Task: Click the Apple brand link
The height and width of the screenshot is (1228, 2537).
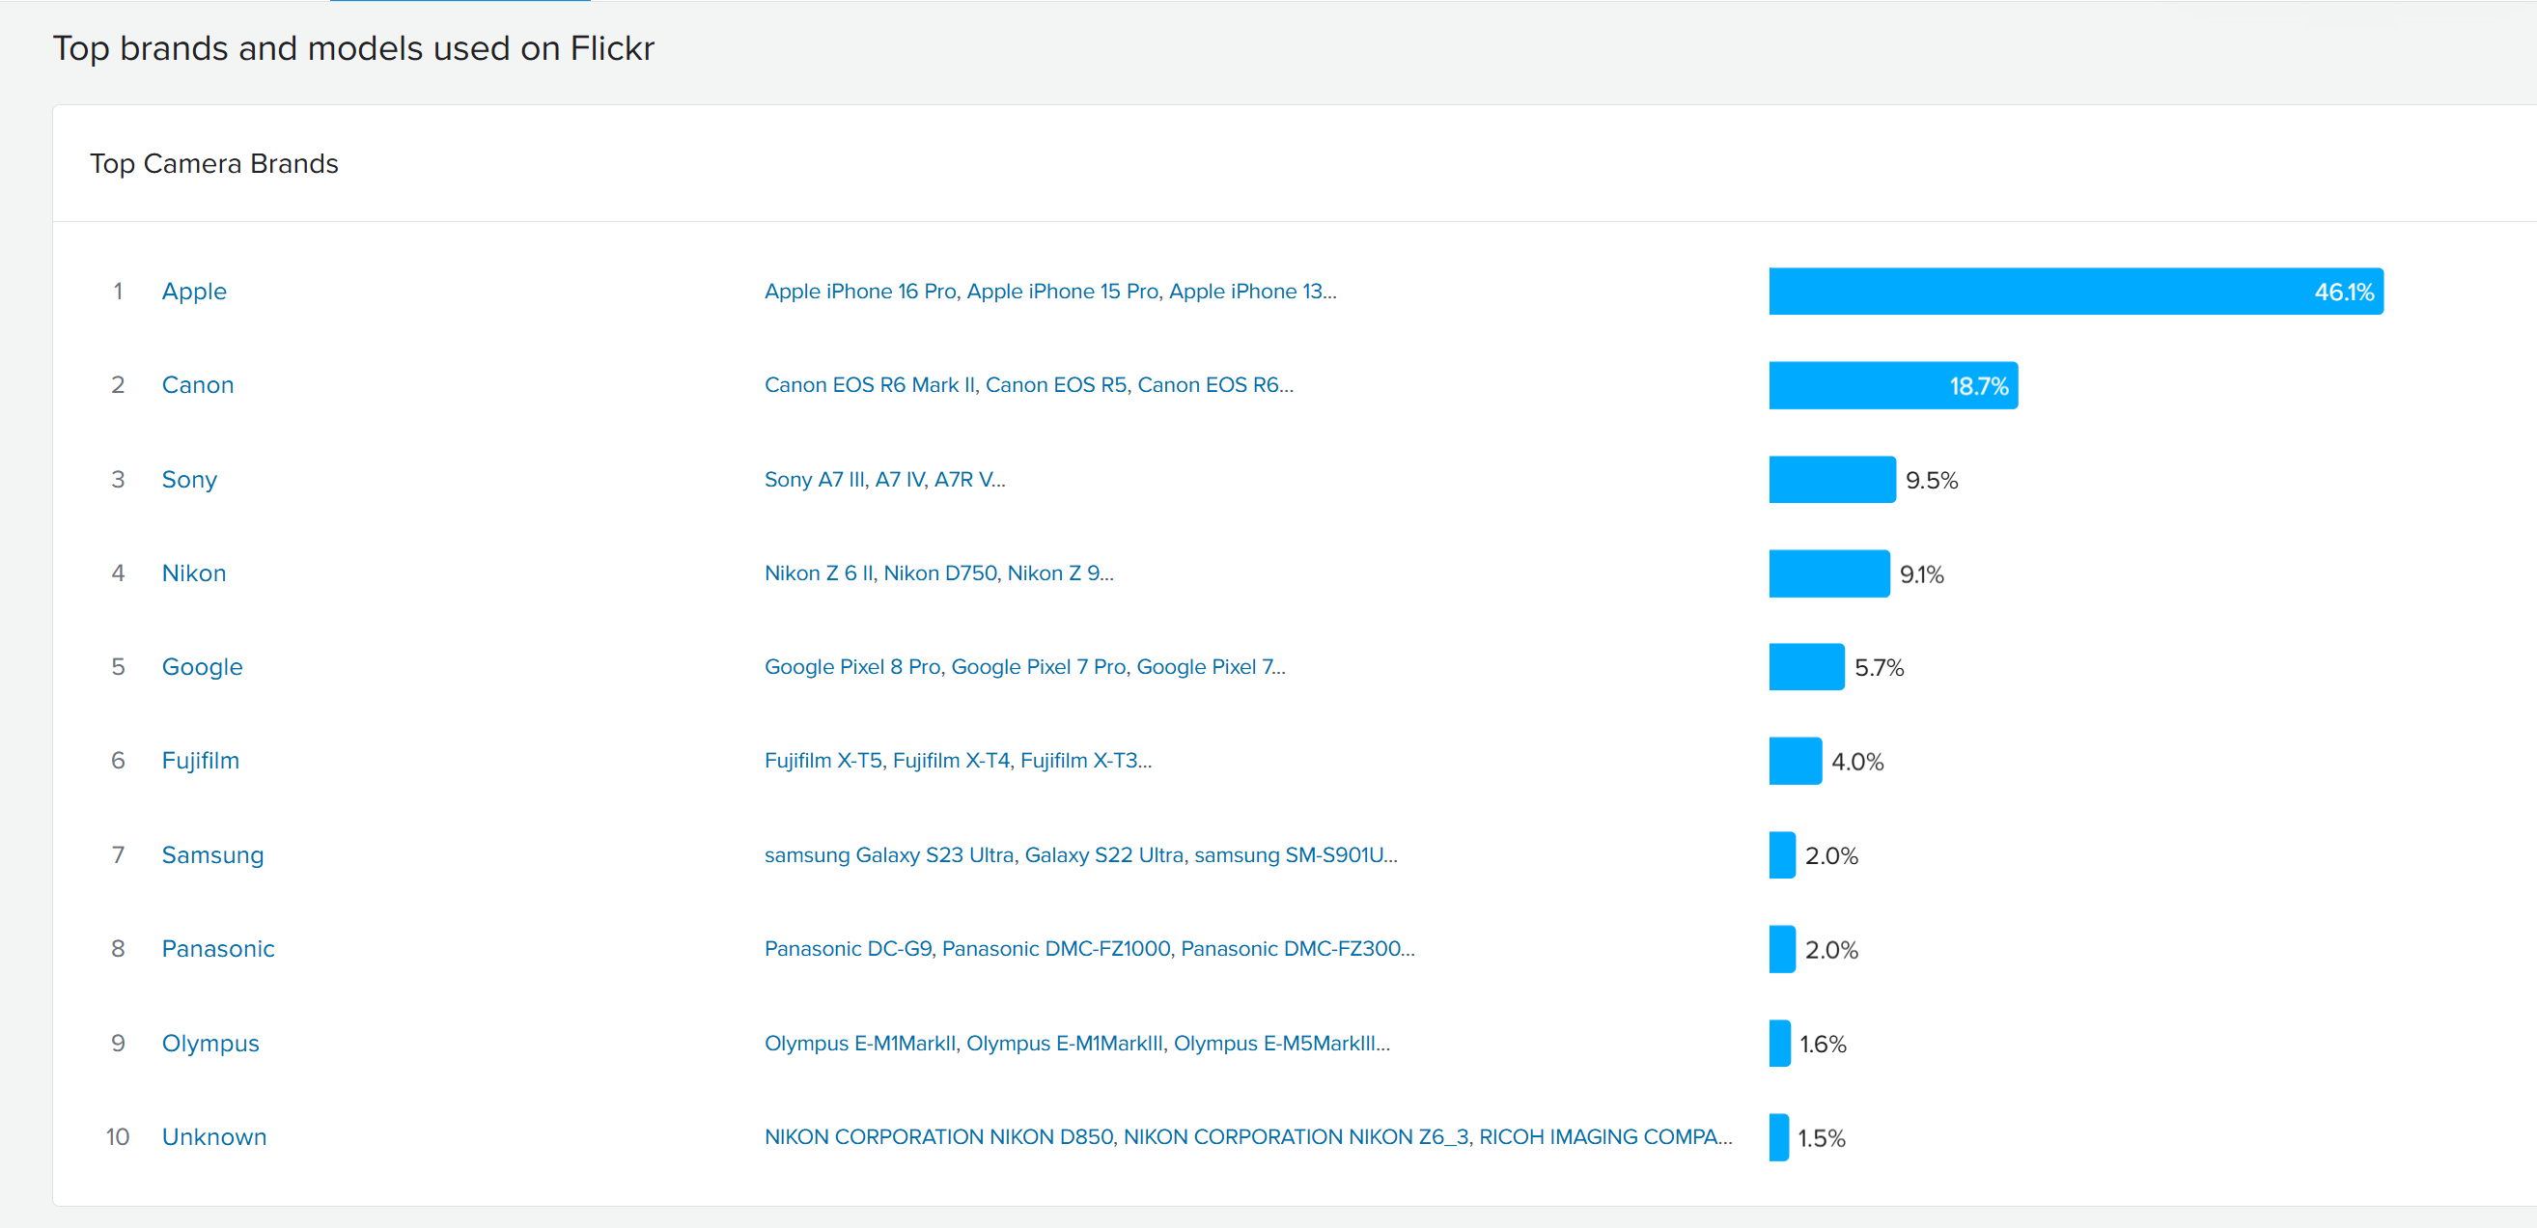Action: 194,292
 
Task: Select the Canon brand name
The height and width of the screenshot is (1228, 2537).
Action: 198,385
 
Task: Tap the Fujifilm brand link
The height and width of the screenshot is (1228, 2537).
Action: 201,760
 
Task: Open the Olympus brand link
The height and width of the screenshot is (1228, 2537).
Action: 210,1043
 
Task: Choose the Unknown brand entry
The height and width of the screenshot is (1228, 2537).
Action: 214,1136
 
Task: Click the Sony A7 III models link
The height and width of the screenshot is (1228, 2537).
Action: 884,480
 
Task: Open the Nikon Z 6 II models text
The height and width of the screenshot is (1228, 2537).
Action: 938,573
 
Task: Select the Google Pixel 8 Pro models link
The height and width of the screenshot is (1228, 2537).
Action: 1025,667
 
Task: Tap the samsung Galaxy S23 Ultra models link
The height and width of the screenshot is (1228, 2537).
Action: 1080,854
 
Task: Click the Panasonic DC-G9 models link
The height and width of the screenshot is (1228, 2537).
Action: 1089,948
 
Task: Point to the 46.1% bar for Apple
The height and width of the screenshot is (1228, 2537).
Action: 2077,292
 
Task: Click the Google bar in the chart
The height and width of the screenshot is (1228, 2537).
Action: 1806,667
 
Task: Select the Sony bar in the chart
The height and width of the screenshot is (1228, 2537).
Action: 1832,480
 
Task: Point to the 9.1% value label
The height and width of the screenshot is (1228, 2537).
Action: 1921,574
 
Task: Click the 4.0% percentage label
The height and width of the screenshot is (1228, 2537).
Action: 1857,761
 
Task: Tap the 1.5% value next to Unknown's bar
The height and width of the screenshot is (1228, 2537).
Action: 1822,1137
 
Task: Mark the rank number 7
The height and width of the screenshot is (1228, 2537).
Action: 118,854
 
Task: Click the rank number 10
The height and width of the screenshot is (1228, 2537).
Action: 118,1136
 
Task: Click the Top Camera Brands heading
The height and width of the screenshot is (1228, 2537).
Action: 213,163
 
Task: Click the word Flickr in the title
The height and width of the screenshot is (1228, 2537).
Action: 612,48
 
